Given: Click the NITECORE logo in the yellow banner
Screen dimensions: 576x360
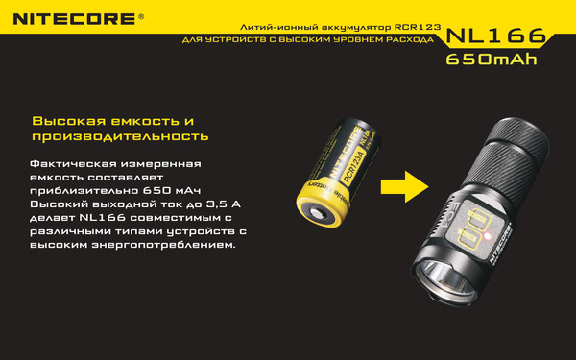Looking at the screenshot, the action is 74,19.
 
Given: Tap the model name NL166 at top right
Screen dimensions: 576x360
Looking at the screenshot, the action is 496,36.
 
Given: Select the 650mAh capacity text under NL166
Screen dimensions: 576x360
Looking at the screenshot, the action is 492,60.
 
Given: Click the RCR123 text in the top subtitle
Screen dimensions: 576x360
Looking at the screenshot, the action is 418,27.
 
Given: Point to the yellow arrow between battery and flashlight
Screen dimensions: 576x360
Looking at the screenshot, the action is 405,186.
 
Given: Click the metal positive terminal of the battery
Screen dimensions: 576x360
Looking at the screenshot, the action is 318,213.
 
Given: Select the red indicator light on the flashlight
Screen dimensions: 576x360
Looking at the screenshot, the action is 488,236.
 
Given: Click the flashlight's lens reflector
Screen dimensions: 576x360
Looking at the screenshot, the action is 444,280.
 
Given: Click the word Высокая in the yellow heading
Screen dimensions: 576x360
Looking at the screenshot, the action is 69,121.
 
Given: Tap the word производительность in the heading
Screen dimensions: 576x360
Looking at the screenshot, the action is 120,136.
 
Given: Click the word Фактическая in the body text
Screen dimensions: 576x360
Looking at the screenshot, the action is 73,163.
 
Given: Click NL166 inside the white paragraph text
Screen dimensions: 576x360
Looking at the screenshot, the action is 103,218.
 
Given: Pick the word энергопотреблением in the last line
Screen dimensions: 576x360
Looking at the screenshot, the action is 163,245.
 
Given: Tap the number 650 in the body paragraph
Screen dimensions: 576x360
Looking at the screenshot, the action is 156,191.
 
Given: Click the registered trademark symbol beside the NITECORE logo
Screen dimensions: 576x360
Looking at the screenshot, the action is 141,17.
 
